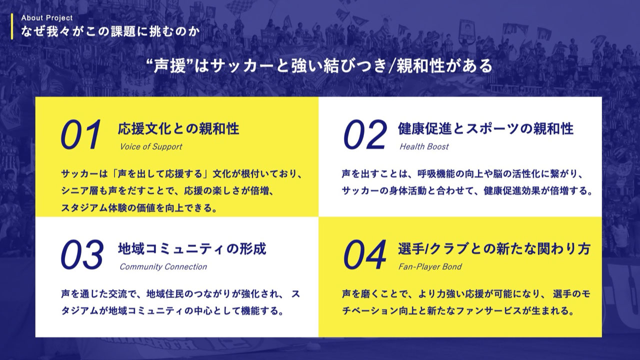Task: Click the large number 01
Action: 81,135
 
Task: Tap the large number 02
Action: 365,135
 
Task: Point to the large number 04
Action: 365,254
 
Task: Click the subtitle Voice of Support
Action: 151,147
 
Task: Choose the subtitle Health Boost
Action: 424,147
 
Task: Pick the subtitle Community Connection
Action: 163,267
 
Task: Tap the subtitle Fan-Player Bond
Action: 430,267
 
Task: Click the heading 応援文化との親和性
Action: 178,129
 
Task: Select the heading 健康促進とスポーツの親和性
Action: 485,129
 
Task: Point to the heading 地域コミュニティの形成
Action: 192,248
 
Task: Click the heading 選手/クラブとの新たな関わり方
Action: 494,248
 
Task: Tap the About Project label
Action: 47,18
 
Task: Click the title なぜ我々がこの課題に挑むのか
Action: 110,31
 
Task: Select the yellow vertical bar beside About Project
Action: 11,25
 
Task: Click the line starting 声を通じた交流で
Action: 180,293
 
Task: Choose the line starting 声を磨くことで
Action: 466,293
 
